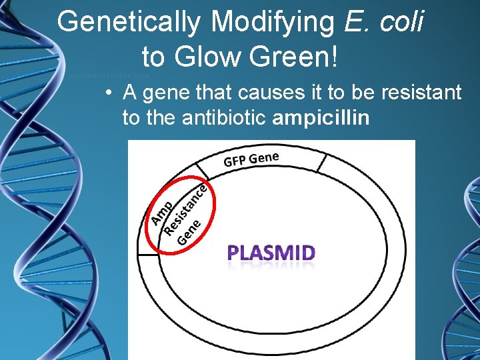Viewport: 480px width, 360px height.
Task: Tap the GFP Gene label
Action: (251, 159)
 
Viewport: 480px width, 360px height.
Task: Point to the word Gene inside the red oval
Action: (189, 230)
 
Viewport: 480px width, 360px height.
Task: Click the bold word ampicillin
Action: (321, 119)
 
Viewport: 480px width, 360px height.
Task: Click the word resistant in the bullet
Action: (421, 92)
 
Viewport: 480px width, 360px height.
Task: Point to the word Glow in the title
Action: (204, 57)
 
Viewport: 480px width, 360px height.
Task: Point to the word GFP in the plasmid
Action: (235, 161)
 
